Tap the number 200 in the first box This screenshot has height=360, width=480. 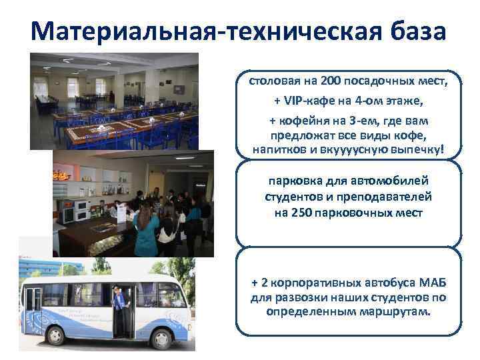[331, 82]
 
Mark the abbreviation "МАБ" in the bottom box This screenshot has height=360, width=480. [419, 284]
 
